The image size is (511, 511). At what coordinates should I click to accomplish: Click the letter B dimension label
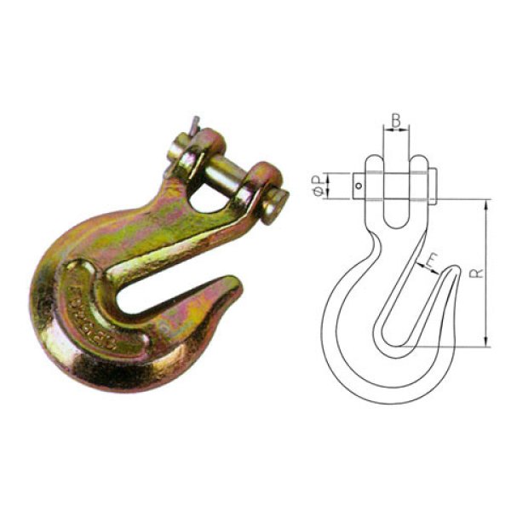[x=396, y=120]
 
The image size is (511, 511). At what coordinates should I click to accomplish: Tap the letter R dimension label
[x=479, y=274]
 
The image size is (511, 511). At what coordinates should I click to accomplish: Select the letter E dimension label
[x=433, y=259]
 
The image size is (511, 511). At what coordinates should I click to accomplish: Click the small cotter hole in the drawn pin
[x=360, y=187]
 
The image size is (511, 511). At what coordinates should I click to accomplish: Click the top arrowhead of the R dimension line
[x=485, y=205]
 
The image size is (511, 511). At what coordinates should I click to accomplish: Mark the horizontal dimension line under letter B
[x=396, y=133]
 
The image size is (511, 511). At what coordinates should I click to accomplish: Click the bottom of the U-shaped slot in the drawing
[x=396, y=223]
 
